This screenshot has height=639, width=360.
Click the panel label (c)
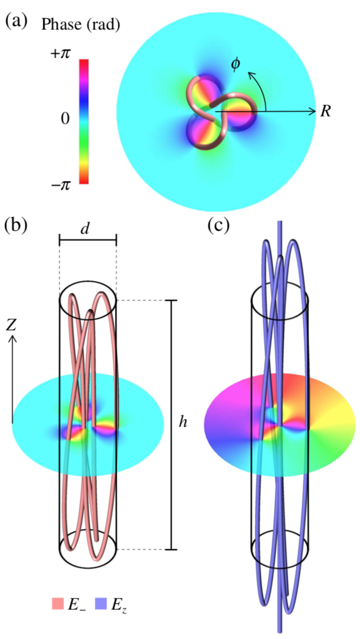coord(219,224)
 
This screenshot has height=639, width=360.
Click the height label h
coord(183,423)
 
